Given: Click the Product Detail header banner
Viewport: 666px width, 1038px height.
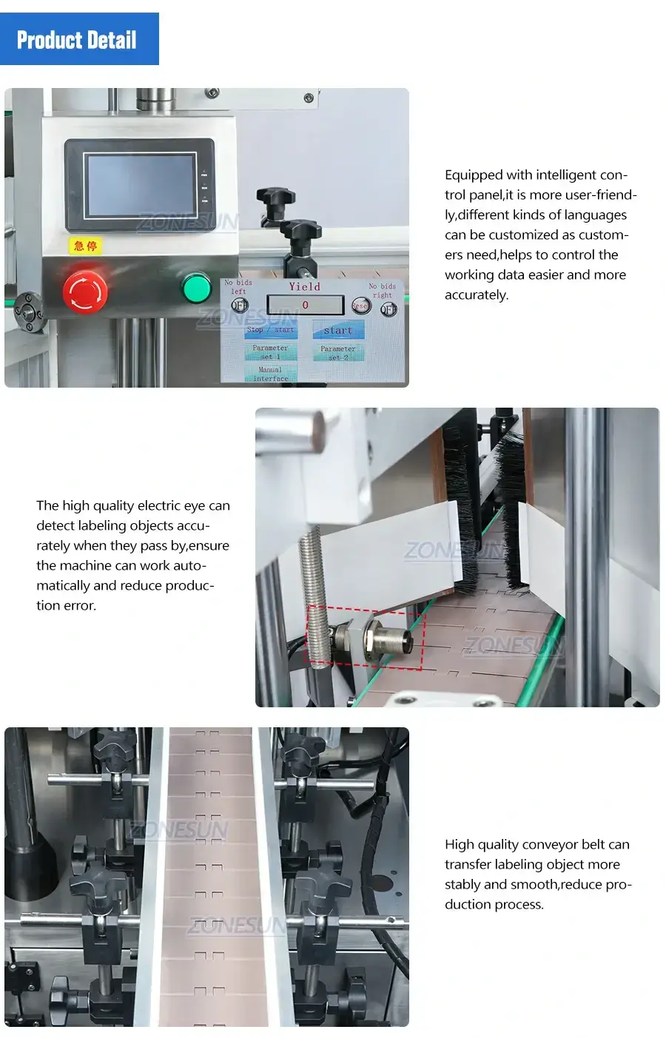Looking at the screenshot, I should point(79,39).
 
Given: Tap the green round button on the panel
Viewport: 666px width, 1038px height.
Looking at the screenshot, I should point(197,288).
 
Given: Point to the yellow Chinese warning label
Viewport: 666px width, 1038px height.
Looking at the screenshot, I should point(85,246).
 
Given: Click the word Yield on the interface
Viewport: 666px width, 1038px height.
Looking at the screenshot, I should point(304,286).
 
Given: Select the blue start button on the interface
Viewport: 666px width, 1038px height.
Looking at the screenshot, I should point(338,330).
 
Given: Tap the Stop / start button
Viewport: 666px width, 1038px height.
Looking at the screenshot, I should point(270,329).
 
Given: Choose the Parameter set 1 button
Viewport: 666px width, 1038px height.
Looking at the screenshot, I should point(270,351).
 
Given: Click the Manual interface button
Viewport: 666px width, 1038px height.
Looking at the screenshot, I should point(270,374).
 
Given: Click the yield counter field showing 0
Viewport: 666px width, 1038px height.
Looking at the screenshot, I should point(305,305).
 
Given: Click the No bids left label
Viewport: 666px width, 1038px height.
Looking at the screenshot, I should point(238,286).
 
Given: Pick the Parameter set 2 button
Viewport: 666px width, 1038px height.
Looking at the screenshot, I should point(338,352).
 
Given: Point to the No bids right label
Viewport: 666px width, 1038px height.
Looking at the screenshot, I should point(383,290).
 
